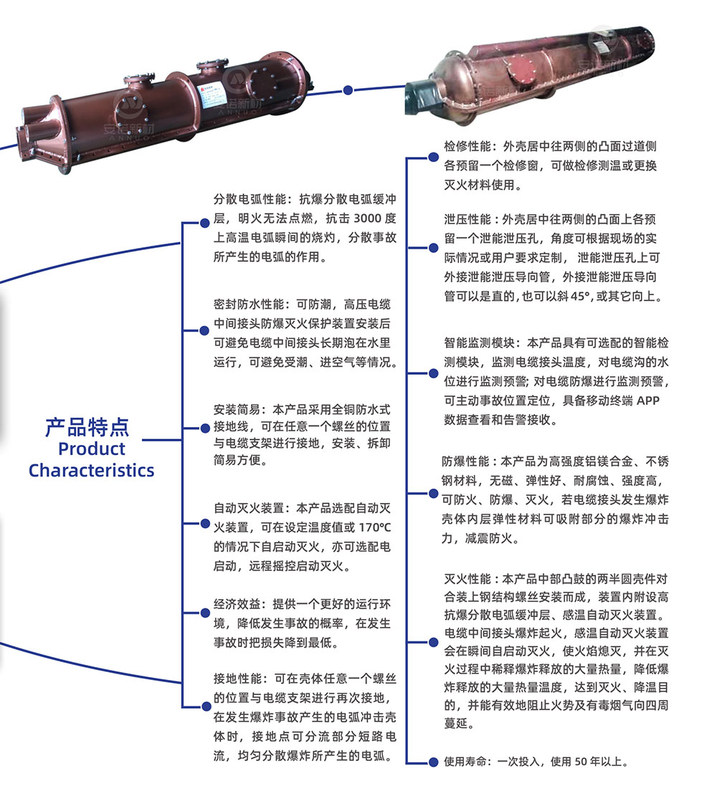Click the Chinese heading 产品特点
(x=87, y=427)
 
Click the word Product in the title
(x=92, y=449)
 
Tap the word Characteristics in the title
(x=92, y=471)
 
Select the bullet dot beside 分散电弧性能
(x=205, y=223)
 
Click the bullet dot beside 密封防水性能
(x=204, y=330)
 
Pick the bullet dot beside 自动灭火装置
(x=205, y=524)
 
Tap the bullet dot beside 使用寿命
(x=433, y=762)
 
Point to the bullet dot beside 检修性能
(x=434, y=158)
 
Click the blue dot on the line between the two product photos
(x=348, y=90)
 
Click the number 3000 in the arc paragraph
(x=367, y=219)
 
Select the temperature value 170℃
(x=375, y=527)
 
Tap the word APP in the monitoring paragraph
(x=648, y=401)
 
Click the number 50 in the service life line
(x=581, y=762)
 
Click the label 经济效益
(x=237, y=604)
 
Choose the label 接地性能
(x=237, y=678)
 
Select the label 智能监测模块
(x=479, y=342)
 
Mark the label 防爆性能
(x=465, y=461)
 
